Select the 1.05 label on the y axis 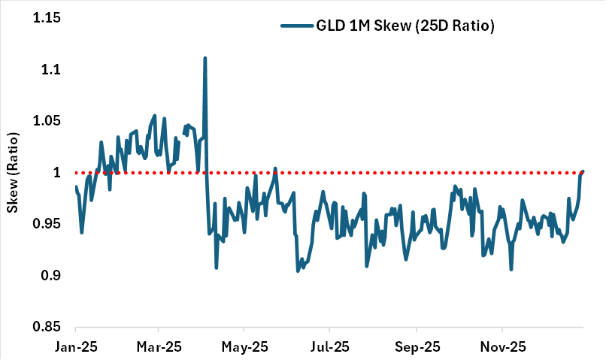pyautogui.click(x=47, y=122)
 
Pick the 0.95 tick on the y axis pyautogui.click(x=47, y=225)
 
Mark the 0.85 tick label pyautogui.click(x=47, y=328)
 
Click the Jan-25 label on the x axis pyautogui.click(x=75, y=348)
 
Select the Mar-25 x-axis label pyautogui.click(x=158, y=348)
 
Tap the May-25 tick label pyautogui.click(x=244, y=348)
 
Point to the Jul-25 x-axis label pyautogui.click(x=329, y=348)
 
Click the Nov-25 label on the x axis pyautogui.click(x=501, y=348)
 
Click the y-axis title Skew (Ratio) pyautogui.click(x=13, y=173)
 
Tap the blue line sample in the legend pyautogui.click(x=296, y=26)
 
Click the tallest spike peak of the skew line pyautogui.click(x=205, y=58)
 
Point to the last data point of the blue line pyautogui.click(x=583, y=172)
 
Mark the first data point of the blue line pyautogui.click(x=76, y=187)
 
